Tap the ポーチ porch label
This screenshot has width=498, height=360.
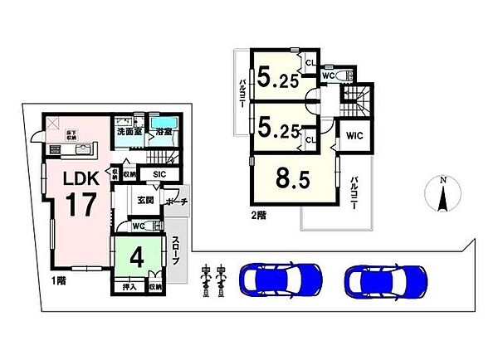[175, 202]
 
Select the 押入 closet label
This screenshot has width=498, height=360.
[129, 286]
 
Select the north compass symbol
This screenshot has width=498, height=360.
[442, 197]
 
